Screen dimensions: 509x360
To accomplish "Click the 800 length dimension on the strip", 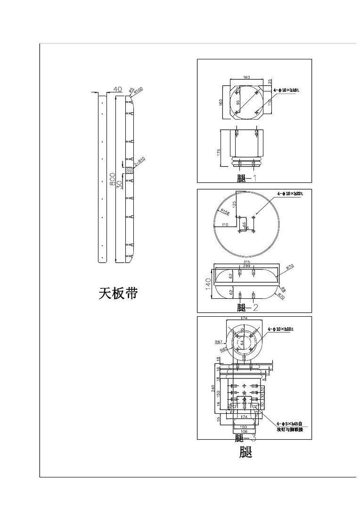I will coord(112,179).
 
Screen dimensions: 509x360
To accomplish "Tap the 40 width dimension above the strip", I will coord(118,89).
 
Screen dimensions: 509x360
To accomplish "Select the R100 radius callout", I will coord(139,90).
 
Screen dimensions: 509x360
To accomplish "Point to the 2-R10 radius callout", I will coord(139,162).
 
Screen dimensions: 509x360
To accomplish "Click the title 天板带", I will coord(118,294).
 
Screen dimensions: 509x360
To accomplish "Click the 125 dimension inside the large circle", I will coord(234,206).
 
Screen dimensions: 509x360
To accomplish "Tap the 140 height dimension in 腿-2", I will coord(207,284).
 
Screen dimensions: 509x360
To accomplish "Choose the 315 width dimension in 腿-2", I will coord(246,262).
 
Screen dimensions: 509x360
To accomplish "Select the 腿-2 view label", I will coord(247,308).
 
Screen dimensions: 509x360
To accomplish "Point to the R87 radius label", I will coord(218,342).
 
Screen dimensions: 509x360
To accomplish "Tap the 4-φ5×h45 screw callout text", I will coord(289,424).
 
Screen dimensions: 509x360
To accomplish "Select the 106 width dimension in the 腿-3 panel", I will coord(244,431).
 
